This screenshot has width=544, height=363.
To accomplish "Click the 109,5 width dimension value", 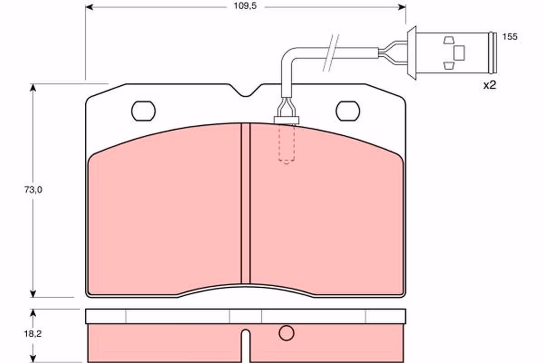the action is (x=245, y=6).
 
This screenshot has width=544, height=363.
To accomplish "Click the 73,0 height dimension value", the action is (x=33, y=190).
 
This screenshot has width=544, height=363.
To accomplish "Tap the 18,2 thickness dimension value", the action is (x=33, y=334).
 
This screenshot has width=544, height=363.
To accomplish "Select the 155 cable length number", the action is (x=510, y=37).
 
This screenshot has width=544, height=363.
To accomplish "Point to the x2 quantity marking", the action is (x=490, y=85).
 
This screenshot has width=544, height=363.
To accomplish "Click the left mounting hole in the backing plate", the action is (x=144, y=111).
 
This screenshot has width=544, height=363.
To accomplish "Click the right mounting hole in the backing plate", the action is (x=348, y=111).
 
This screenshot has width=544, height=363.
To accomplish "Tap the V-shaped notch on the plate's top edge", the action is (x=246, y=90).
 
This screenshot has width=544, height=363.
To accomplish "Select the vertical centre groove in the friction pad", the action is (x=246, y=203).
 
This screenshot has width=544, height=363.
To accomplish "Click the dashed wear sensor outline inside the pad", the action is (x=287, y=144).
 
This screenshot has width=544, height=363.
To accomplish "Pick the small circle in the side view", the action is (x=287, y=333).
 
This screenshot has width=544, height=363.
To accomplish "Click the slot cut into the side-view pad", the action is (x=246, y=345).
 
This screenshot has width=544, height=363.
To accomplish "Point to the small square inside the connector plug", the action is (x=459, y=53).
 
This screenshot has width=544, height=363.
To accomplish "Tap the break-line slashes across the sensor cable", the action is (x=331, y=53).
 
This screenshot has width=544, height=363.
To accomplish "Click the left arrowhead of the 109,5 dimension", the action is (x=89, y=7).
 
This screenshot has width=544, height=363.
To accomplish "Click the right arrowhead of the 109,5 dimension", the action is (x=402, y=7).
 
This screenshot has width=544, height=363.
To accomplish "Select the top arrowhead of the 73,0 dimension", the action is (x=33, y=88).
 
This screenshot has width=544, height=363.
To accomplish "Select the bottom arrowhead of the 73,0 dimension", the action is (x=33, y=294).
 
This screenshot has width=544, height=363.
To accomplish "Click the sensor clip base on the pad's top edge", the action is (x=287, y=120).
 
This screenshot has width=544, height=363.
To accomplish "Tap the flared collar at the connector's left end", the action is (x=412, y=53).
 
